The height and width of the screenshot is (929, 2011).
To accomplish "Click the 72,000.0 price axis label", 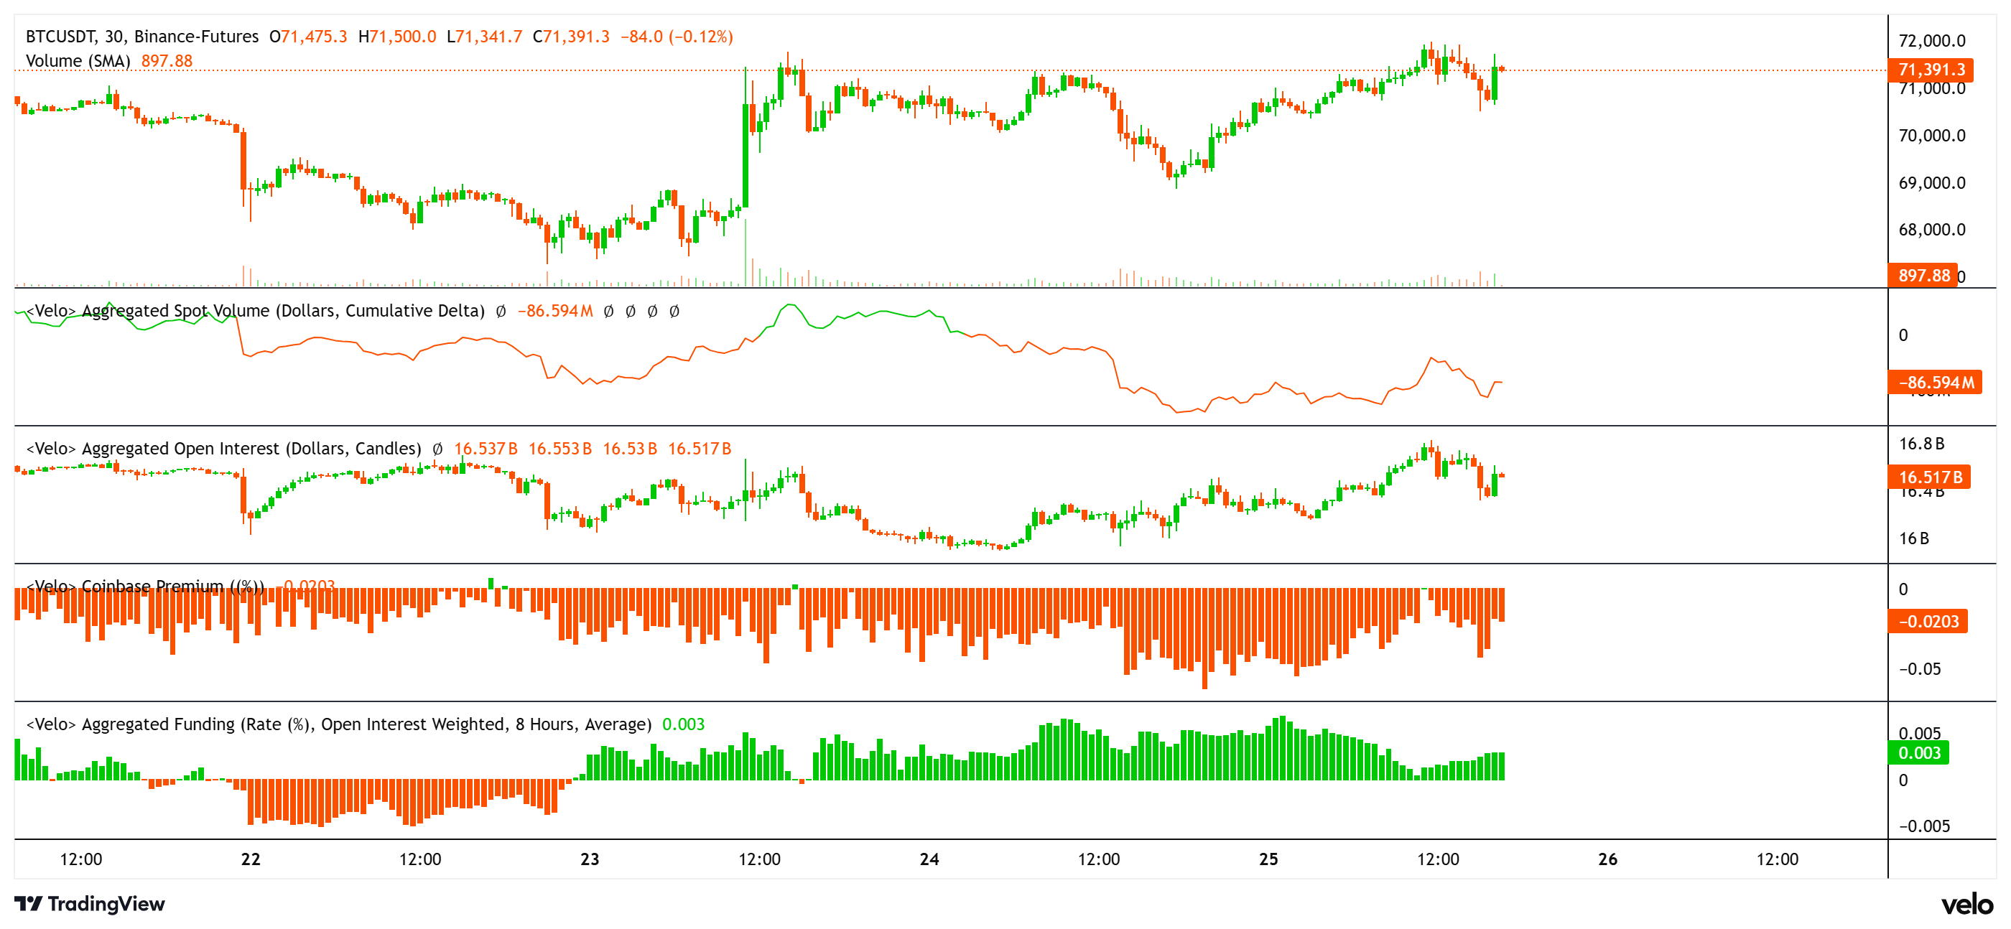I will [x=1931, y=41].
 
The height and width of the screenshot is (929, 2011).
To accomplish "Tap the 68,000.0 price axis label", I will [x=1931, y=230].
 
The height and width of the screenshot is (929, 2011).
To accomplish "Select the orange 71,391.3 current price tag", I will [x=1930, y=70].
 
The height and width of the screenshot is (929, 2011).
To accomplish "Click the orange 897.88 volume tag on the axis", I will [x=1923, y=275].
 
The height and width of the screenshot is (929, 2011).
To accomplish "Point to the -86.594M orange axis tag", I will [x=1934, y=382].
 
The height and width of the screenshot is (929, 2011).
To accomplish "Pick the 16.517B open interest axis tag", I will [x=1929, y=476].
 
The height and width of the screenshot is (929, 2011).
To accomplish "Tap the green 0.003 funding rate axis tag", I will [x=1918, y=752].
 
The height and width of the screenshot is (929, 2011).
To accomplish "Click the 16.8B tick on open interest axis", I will [x=1921, y=444].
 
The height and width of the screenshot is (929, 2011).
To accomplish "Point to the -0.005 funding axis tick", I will [x=1923, y=825].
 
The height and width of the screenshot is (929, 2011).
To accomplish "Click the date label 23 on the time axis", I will [x=590, y=859].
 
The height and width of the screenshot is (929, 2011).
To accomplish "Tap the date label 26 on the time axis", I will [x=1607, y=859].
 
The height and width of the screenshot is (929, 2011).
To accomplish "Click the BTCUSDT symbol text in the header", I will [x=60, y=37].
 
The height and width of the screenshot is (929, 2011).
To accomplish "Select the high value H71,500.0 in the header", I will [x=396, y=37].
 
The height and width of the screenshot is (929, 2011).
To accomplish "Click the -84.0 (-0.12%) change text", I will [x=676, y=37].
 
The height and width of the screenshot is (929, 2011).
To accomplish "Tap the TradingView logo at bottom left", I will [x=90, y=903].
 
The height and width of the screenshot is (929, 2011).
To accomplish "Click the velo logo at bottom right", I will [x=1966, y=904].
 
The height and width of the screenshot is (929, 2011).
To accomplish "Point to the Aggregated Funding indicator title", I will [x=339, y=724].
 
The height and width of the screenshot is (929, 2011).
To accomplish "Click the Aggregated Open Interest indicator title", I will [x=223, y=448].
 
